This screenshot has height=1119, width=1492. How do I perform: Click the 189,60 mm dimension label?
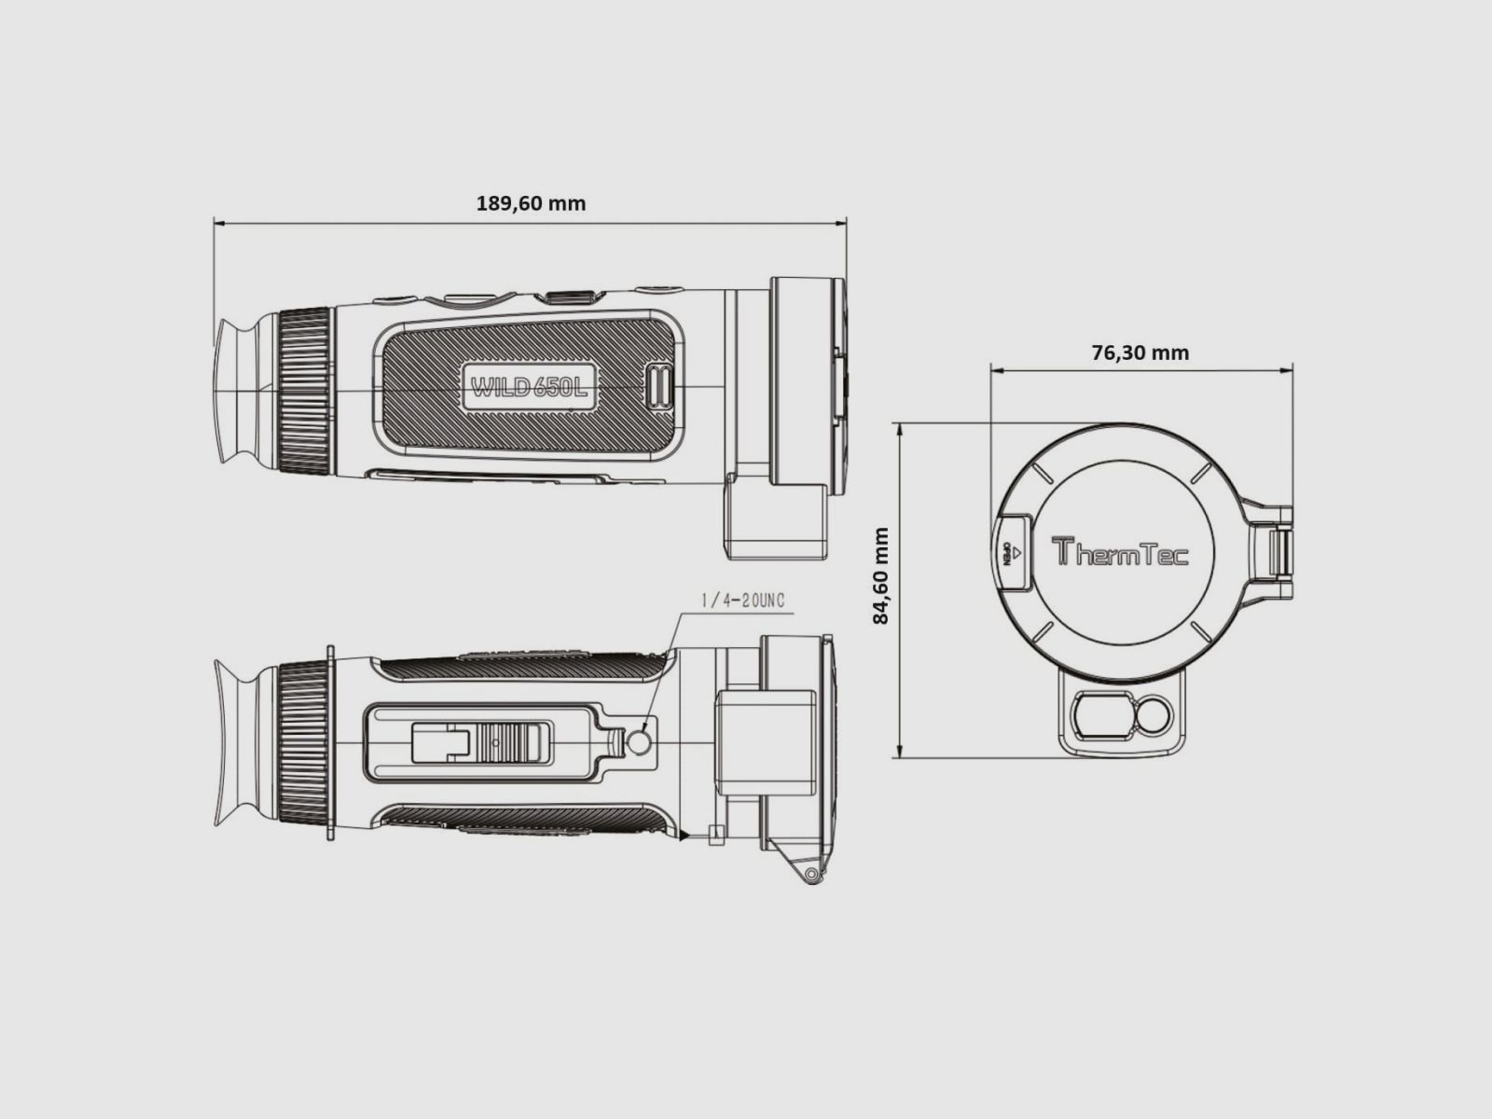click(531, 203)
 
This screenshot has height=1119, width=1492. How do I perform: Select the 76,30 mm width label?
click(1140, 352)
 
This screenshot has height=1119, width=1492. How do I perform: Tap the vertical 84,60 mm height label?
click(880, 575)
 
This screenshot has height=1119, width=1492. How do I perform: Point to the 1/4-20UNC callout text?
click(743, 601)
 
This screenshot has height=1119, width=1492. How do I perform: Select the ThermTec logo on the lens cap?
click(1120, 552)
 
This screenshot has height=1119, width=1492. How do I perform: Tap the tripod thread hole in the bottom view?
click(640, 742)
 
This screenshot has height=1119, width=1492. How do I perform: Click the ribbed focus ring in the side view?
click(305, 391)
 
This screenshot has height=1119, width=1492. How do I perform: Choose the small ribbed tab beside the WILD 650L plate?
click(659, 385)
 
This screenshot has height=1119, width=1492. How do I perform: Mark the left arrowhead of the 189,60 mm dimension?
click(218, 223)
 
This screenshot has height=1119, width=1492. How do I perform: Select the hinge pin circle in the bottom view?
click(811, 875)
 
